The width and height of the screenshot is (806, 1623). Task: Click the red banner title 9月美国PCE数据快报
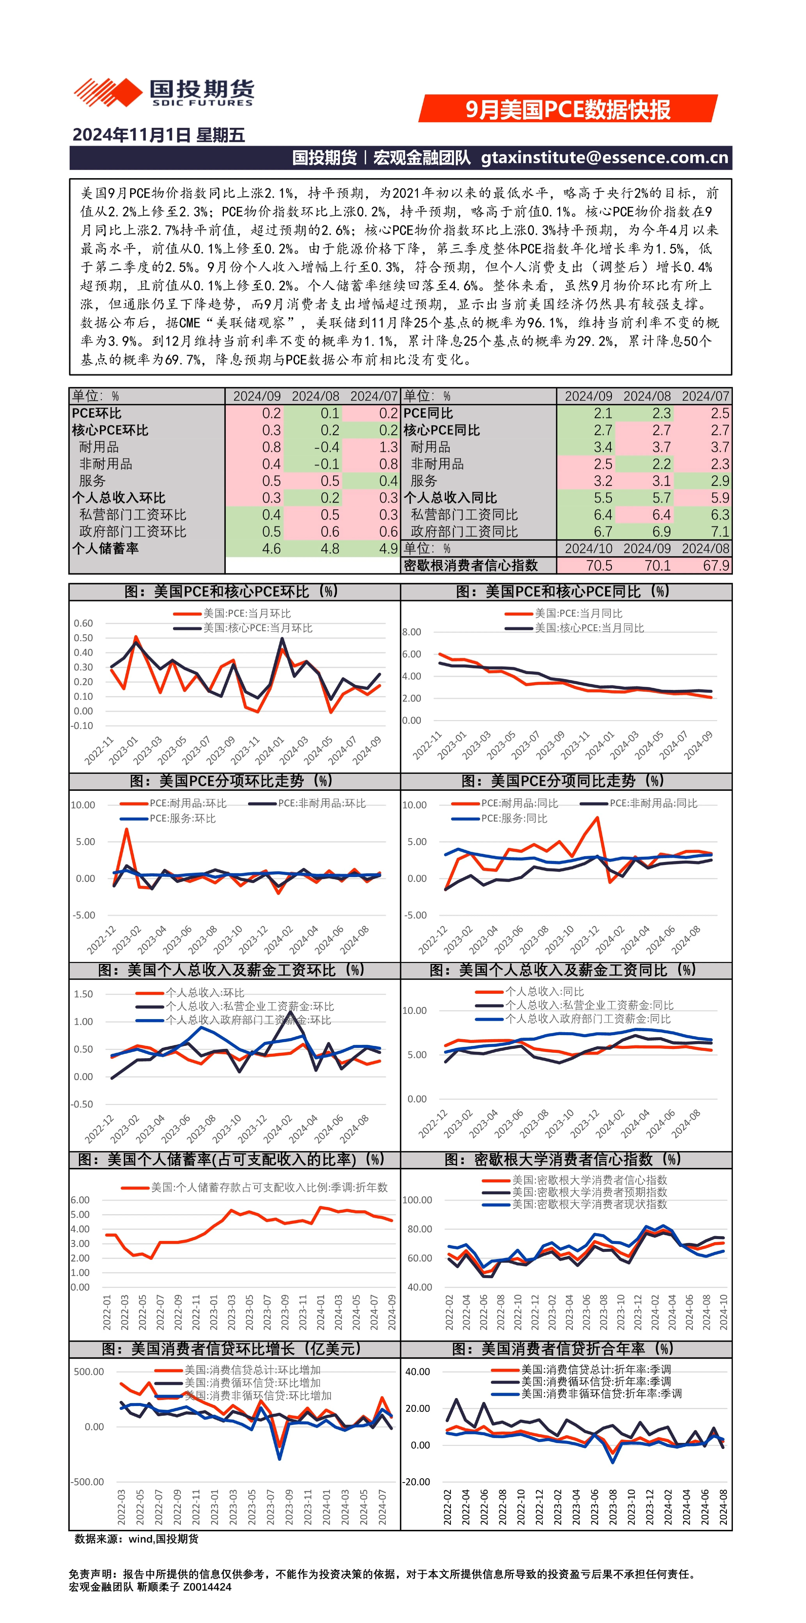(568, 109)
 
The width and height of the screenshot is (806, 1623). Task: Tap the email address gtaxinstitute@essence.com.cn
(605, 157)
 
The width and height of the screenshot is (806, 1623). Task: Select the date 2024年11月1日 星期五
(159, 135)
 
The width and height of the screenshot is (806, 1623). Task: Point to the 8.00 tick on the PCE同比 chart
(412, 632)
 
